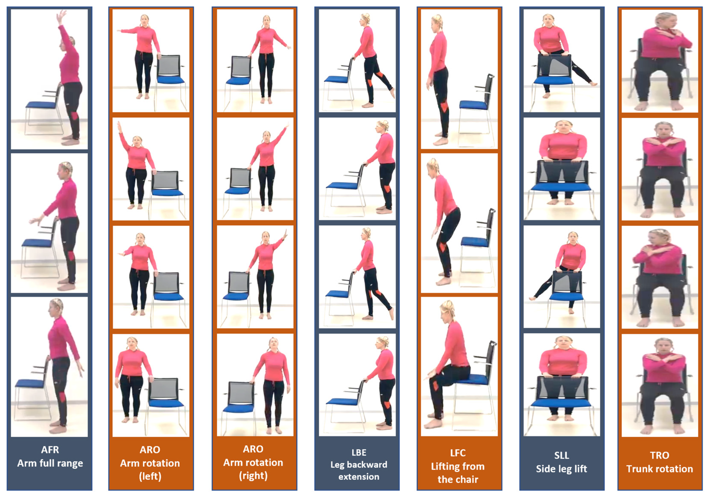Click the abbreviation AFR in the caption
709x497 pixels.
pos(50,450)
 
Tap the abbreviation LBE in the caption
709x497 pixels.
pos(359,453)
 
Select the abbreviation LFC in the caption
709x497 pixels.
pos(458,453)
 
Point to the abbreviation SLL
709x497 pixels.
pos(561,455)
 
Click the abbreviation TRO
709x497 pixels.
pos(660,455)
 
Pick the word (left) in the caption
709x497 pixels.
pos(150,476)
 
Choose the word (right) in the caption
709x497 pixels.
pos(253,476)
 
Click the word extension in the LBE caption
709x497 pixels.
pos(359,477)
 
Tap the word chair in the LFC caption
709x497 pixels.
pos(466,479)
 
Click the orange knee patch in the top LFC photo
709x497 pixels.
pos(444,106)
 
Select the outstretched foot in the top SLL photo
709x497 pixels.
pos(593,83)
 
